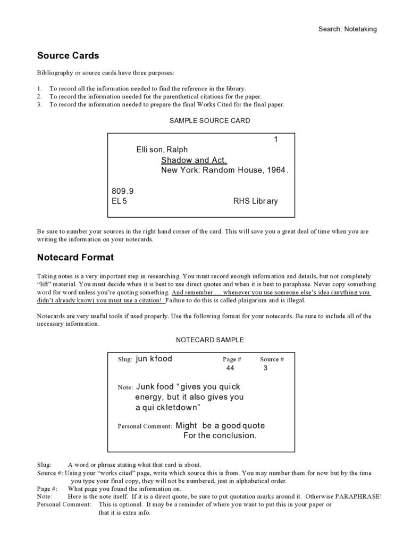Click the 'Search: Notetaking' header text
(347, 29)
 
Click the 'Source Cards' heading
(68, 55)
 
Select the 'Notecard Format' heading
(75, 258)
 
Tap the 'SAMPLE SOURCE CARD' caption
(209, 121)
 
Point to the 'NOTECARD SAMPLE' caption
(209, 340)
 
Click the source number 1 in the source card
(276, 139)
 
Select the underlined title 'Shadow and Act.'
(194, 160)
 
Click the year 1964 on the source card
(276, 170)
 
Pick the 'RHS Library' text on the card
(255, 201)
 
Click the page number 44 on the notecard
(230, 368)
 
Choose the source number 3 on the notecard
(265, 368)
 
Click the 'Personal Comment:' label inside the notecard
(145, 426)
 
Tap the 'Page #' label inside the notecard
(232, 359)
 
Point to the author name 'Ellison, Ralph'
(162, 150)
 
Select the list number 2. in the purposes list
(39, 97)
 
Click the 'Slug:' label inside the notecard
(125, 359)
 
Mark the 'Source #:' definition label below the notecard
(50, 473)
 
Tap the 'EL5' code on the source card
(119, 201)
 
